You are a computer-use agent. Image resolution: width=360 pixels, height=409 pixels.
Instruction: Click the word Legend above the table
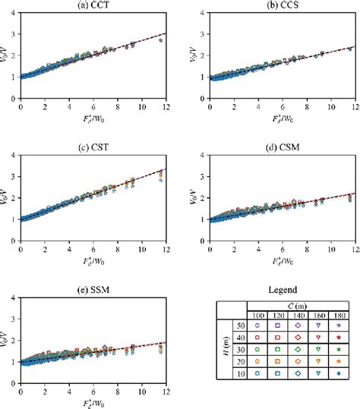click(x=282, y=291)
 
